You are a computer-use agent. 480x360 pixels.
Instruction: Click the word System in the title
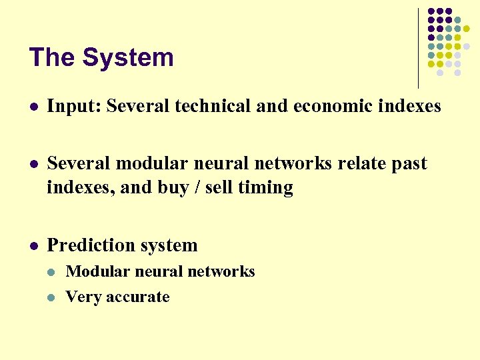tap(128, 58)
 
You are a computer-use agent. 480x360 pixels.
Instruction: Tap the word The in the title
tap(52, 58)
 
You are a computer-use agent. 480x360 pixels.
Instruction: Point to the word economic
tap(315, 106)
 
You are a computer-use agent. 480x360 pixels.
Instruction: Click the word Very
tap(83, 297)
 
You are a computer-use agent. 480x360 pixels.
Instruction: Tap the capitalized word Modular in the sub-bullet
tap(95, 272)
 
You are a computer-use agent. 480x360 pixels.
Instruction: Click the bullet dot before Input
tap(33, 107)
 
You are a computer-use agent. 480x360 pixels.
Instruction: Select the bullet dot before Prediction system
tap(33, 246)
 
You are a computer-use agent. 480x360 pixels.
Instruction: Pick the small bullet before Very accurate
tap(54, 297)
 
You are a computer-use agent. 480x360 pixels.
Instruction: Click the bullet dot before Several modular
tap(33, 164)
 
